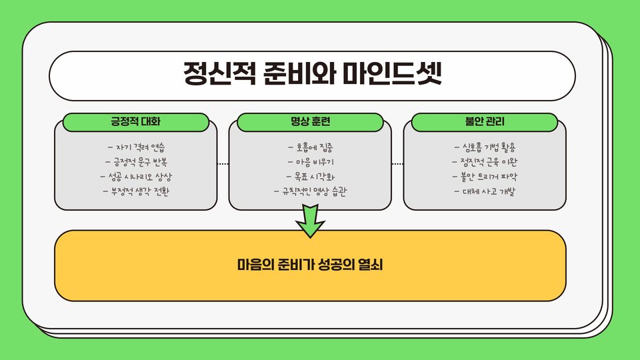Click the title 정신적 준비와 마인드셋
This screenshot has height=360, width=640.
pos(313,73)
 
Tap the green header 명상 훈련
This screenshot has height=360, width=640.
pos(311,123)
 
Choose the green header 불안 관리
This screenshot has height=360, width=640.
pos(485,123)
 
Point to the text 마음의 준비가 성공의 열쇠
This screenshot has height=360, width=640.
pos(310,265)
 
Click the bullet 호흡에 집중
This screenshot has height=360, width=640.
pos(311,147)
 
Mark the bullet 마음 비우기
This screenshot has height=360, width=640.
pos(311,162)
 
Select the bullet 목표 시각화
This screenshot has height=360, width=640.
pos(311,177)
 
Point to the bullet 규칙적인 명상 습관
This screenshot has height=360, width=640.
pos(311,192)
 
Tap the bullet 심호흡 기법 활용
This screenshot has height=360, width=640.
pos(485,147)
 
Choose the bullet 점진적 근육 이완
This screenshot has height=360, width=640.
pos(485,162)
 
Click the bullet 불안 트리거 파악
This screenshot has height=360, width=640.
pos(485,177)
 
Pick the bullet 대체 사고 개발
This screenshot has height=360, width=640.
pos(485,192)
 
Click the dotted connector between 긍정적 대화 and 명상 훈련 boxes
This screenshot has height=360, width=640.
pos(223,163)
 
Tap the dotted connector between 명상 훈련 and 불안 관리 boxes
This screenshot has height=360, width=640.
pos(397,163)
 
